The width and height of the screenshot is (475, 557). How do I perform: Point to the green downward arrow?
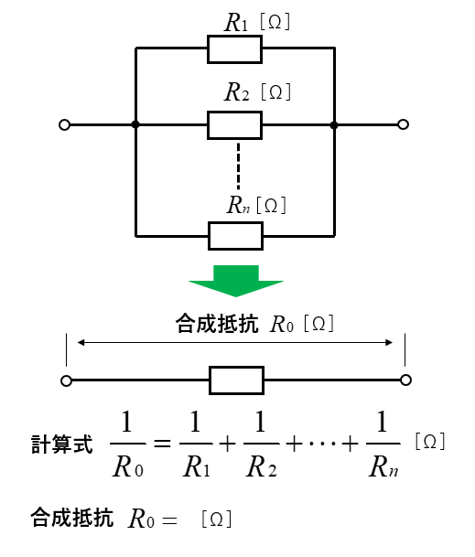(x=236, y=281)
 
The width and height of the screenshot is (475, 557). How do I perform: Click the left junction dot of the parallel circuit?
(x=135, y=124)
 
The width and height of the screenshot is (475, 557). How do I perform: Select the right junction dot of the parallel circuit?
(x=334, y=125)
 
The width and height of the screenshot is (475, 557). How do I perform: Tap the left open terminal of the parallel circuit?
(x=64, y=125)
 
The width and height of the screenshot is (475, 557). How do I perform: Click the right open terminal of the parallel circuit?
(x=404, y=124)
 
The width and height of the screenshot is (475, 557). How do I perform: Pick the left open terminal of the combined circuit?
(x=67, y=380)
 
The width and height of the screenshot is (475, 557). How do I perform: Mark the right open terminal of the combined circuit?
(x=406, y=380)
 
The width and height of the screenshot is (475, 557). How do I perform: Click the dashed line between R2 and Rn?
(x=238, y=166)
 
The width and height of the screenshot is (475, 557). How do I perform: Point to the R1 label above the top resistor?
(x=236, y=22)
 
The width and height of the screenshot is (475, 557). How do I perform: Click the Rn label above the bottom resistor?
(x=238, y=205)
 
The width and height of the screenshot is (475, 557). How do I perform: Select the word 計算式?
(x=62, y=445)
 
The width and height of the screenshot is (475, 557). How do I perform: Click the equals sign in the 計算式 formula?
(x=162, y=444)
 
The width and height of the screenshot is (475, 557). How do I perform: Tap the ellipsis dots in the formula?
(x=322, y=443)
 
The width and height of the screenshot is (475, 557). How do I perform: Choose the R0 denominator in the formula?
(x=128, y=466)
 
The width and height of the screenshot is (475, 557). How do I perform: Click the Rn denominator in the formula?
(x=383, y=466)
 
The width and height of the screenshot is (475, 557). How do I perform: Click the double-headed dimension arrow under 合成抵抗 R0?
(x=235, y=342)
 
